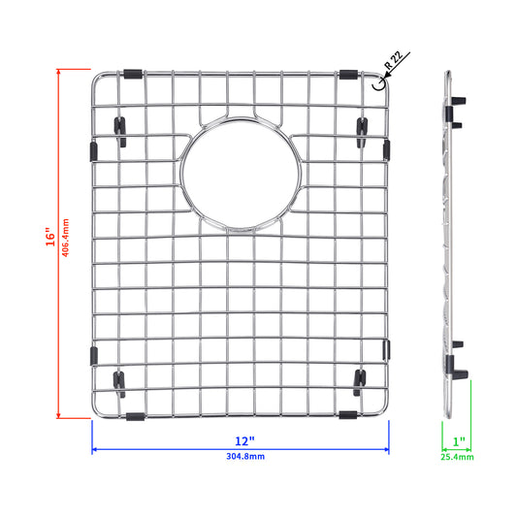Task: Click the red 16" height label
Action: pos(50,237)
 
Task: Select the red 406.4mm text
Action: pos(66,238)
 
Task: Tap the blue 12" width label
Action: pos(244,441)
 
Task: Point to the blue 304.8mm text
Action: pos(245,456)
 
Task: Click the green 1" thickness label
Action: pos(459,441)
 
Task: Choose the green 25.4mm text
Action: pos(457,457)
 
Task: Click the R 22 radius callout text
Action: pos(394,60)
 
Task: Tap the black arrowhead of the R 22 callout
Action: pos(386,76)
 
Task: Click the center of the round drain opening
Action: pos(241,174)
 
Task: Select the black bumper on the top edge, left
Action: pos(133,74)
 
